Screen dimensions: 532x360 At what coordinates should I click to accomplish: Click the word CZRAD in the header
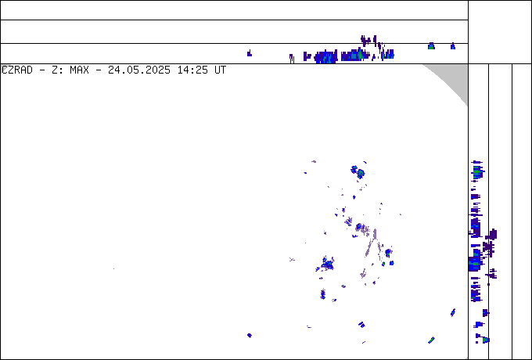pos(17,70)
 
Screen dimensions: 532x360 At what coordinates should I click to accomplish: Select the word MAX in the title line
pos(79,70)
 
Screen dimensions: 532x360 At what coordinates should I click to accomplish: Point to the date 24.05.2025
pos(139,70)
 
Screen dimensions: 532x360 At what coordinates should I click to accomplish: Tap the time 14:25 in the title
pos(192,70)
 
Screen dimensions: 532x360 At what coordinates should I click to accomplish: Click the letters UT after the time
pos(220,70)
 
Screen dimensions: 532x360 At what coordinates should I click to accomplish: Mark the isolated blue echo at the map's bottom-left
pos(250,335)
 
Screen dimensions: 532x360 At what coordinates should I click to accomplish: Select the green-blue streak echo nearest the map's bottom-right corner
pos(431,340)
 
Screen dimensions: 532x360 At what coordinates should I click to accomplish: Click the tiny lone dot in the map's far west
pos(113,268)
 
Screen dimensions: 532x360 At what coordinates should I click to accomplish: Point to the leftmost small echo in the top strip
pos(250,53)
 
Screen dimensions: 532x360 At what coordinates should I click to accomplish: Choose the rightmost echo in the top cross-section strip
pos(453,46)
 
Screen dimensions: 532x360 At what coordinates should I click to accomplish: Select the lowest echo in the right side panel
pos(483,339)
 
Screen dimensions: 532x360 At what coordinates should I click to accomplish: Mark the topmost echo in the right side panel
pos(477,162)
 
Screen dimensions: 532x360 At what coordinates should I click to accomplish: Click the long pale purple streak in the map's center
pos(371,244)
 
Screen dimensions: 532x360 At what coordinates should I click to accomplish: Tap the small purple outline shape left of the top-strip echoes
pos(292,59)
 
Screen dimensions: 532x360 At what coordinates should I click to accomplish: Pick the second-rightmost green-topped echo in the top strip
pos(431,46)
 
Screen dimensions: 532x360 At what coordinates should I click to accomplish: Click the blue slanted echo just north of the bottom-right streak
pos(453,312)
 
